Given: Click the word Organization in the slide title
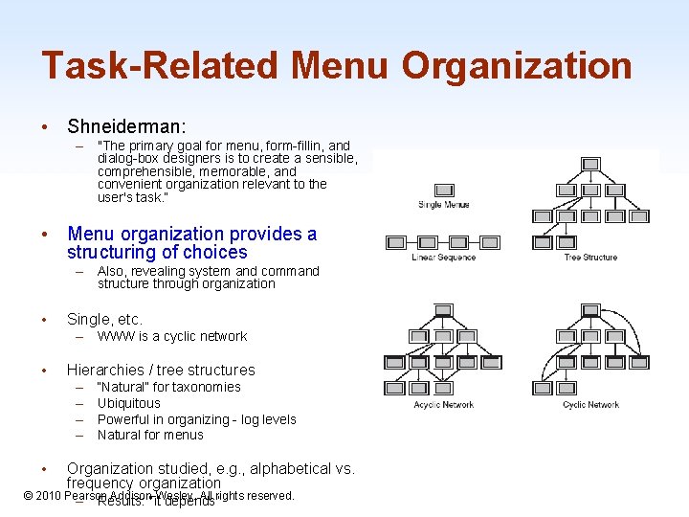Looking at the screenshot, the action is click(x=517, y=66).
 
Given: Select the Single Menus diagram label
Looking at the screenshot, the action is click(x=443, y=205).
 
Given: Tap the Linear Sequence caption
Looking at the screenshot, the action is click(x=443, y=258).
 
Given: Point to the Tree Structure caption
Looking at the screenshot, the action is click(x=590, y=258).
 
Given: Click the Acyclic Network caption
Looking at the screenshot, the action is click(x=443, y=405).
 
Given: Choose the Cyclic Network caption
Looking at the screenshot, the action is click(x=590, y=405).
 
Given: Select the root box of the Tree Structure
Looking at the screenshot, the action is click(x=590, y=163).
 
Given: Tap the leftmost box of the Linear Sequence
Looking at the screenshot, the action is click(x=394, y=242).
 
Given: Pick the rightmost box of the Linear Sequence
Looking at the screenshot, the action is click(x=491, y=242).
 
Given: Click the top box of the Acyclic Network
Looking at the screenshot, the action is click(x=443, y=310).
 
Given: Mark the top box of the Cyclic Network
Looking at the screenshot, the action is click(x=590, y=310).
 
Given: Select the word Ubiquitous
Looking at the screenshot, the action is click(x=129, y=403).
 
